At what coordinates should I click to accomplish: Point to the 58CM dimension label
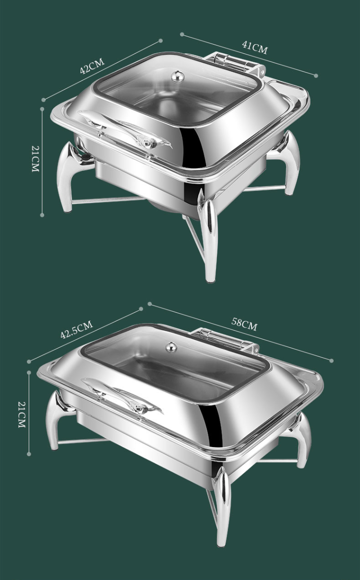click(244, 324)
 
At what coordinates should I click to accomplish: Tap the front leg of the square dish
click(210, 240)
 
